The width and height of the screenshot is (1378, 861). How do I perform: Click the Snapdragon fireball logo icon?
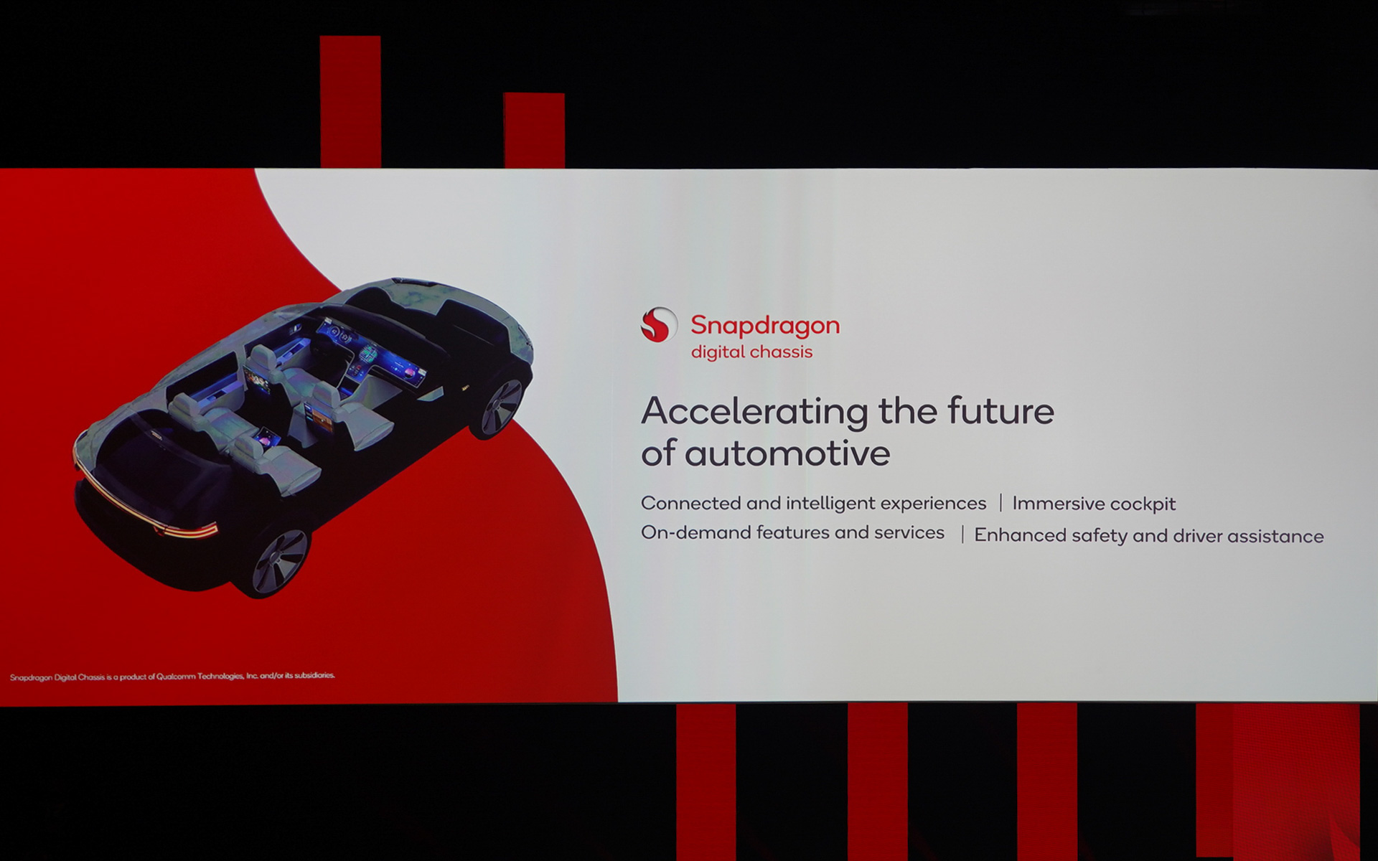[658, 325]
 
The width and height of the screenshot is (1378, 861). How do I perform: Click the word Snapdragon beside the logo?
[765, 326]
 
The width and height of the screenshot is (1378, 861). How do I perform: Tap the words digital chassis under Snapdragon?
[751, 352]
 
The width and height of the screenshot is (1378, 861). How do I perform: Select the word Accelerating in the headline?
[755, 412]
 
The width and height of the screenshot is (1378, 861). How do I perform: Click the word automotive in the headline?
[787, 453]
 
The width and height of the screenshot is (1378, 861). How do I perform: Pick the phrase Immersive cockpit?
[1094, 504]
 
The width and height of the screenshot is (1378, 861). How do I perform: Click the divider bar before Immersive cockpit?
[1000, 503]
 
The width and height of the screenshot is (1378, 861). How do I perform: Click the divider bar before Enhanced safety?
[962, 535]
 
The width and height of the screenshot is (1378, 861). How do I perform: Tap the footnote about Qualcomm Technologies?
[172, 676]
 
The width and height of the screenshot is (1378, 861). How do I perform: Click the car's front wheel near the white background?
[500, 408]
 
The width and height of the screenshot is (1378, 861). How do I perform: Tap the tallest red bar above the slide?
[350, 101]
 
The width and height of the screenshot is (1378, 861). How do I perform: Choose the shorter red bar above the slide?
[534, 130]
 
